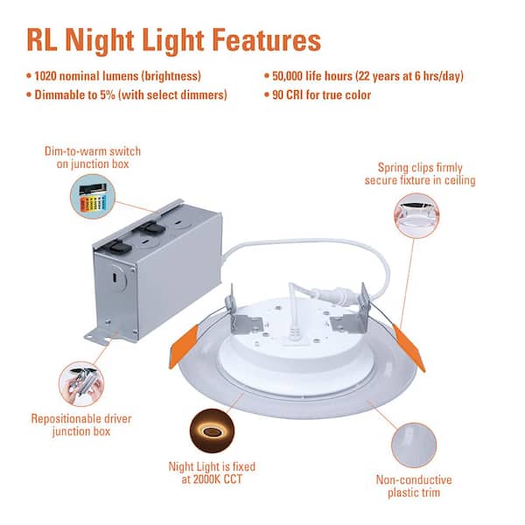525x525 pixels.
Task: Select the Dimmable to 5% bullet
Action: [x=130, y=95]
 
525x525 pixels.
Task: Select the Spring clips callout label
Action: [x=420, y=173]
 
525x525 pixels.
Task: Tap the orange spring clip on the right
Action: [x=409, y=346]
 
